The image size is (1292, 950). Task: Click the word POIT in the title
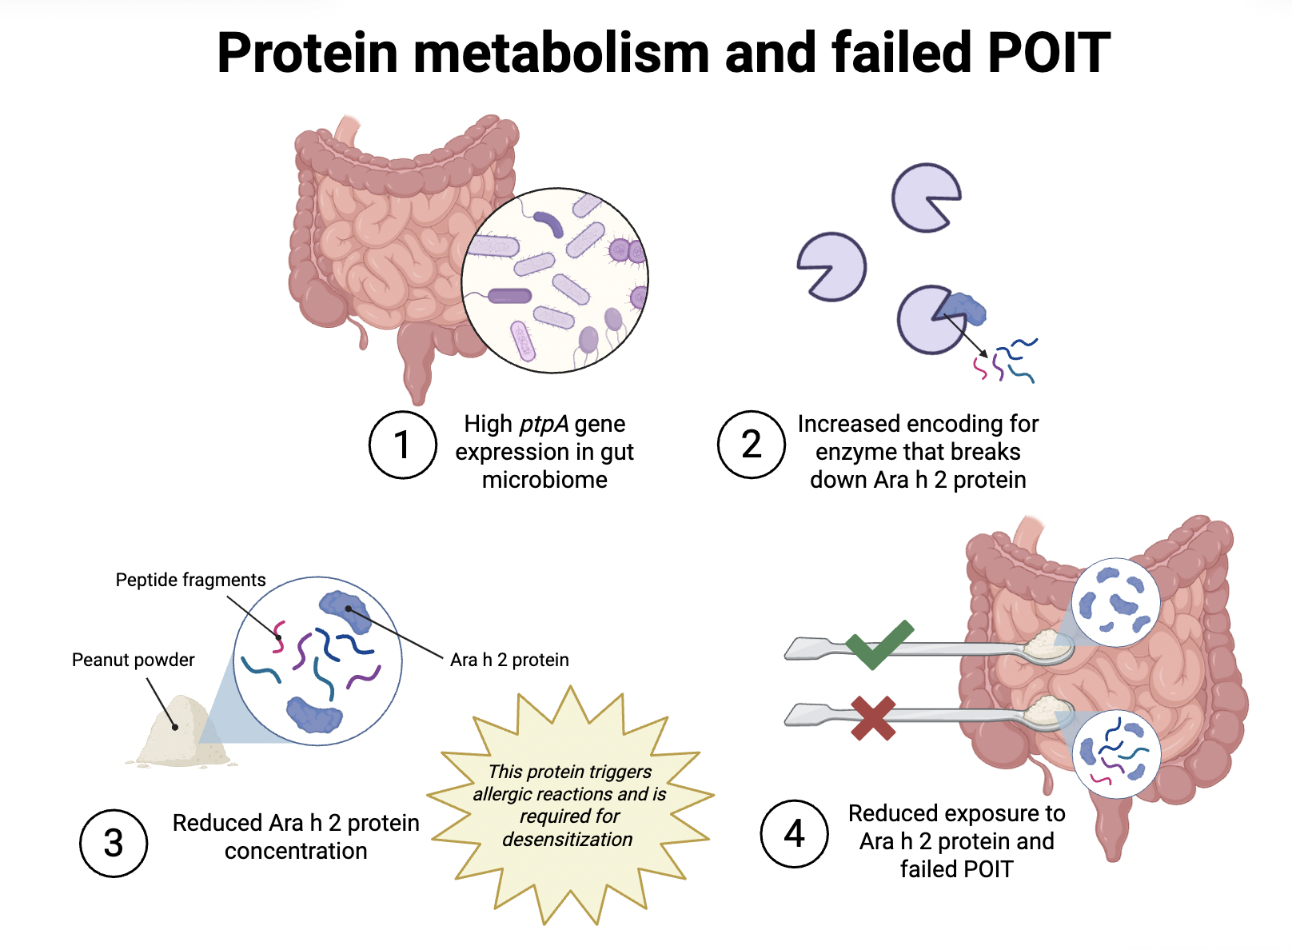pos(1048,54)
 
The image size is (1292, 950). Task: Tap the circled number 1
pos(403,445)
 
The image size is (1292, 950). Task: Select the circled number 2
pos(751,445)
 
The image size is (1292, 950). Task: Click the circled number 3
pos(114,844)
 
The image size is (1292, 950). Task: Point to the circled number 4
pos(794,834)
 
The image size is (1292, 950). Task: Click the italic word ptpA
pos(544,424)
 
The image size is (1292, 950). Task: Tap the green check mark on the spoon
pos(878,643)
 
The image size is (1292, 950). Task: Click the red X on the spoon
pos(872,717)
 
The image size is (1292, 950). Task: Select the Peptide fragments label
pos(190,580)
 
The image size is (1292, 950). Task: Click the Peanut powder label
pos(133,660)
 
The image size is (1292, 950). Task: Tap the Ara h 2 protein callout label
pos(509,660)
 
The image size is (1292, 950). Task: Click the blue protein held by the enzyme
pos(963,309)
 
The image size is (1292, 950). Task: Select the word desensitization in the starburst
pos(567,840)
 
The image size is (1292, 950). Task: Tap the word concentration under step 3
pos(296,851)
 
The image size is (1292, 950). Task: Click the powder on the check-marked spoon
pos(1043,642)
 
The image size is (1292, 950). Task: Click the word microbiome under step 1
pos(544,480)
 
